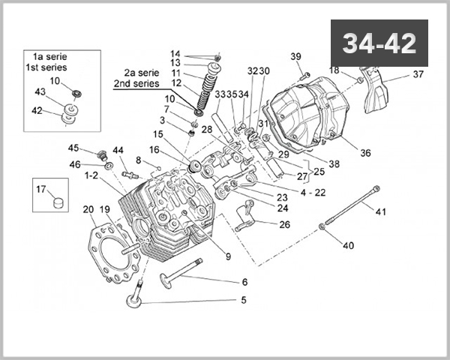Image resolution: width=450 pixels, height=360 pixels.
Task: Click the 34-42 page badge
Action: pyautogui.click(x=379, y=43)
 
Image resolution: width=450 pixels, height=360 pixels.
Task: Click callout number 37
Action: pyautogui.click(x=418, y=75)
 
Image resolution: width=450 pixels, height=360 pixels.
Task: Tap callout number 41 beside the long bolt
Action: pyautogui.click(x=380, y=212)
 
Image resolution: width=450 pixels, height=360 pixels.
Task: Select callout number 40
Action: pyautogui.click(x=348, y=245)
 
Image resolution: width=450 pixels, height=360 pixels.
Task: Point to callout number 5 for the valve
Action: pyautogui.click(x=243, y=301)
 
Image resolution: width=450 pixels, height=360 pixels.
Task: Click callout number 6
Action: pyautogui.click(x=244, y=282)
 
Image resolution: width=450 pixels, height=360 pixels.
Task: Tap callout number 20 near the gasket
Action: pyautogui.click(x=88, y=209)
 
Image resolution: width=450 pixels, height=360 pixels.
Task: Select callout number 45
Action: pyautogui.click(x=73, y=148)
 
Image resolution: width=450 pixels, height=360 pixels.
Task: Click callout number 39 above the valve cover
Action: pyautogui.click(x=295, y=57)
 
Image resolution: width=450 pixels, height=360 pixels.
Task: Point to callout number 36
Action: pyautogui.click(x=365, y=153)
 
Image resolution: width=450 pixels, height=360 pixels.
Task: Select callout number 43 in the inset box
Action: pyautogui.click(x=40, y=91)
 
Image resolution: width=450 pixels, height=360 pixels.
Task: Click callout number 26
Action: pyautogui.click(x=284, y=224)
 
